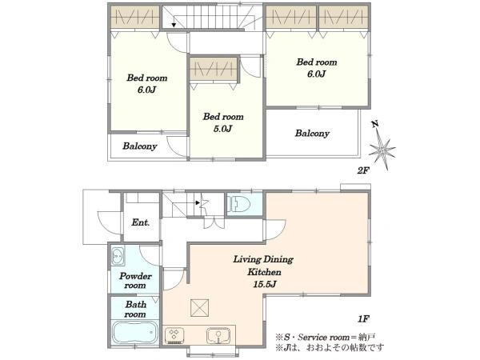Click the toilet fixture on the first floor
(x=238, y=203)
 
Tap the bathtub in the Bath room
(x=135, y=333)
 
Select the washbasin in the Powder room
(x=118, y=255)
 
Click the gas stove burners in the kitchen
(x=174, y=335)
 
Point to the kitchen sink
(x=218, y=335)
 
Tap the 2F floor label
(x=363, y=170)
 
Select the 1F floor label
(x=363, y=319)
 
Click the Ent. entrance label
(x=141, y=222)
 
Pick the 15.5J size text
(x=265, y=284)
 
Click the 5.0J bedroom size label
(x=222, y=129)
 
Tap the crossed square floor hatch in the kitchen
(x=200, y=308)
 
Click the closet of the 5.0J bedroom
(x=214, y=69)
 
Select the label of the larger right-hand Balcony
(x=312, y=133)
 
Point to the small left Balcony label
(x=140, y=146)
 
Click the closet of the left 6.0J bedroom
(x=135, y=17)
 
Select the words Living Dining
(x=263, y=259)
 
